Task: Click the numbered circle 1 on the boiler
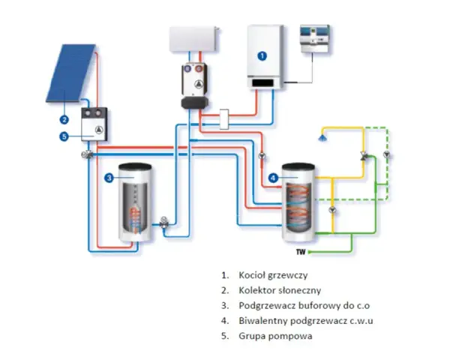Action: [x=262, y=55]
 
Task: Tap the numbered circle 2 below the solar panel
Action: [x=64, y=119]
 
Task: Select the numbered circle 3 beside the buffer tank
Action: [x=109, y=178]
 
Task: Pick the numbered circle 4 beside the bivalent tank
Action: [x=273, y=178]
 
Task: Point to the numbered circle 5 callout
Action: [x=64, y=136]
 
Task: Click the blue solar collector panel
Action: [x=71, y=73]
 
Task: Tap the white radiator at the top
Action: [x=194, y=39]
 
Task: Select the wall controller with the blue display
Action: [x=314, y=39]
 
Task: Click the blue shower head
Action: [x=322, y=138]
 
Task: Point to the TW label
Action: [x=301, y=252]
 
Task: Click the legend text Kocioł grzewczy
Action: [x=273, y=275]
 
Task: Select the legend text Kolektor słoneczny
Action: [x=280, y=290]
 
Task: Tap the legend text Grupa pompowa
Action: [x=275, y=336]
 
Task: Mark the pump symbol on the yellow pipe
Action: [x=332, y=209]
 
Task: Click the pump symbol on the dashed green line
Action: [x=387, y=154]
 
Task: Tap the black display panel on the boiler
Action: [x=262, y=83]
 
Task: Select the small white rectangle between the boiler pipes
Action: [x=224, y=119]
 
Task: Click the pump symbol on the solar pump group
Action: [x=99, y=130]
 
